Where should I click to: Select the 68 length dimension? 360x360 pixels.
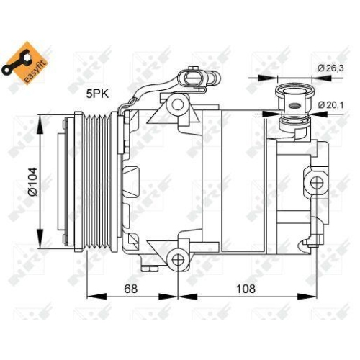(130, 289)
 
